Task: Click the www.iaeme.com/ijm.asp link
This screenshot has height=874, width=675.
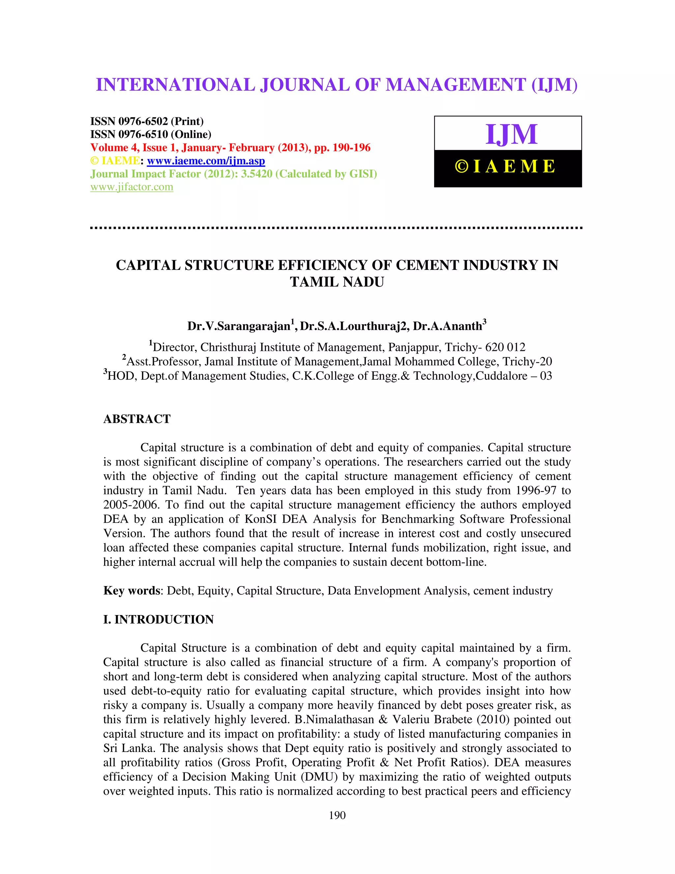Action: (206, 161)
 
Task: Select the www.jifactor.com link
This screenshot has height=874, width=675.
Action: (132, 187)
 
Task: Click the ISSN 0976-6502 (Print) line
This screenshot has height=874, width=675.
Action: (147, 121)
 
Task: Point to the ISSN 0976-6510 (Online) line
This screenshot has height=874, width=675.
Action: (151, 135)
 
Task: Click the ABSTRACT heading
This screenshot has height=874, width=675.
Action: (137, 419)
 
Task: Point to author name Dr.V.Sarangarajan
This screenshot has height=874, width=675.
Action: (239, 326)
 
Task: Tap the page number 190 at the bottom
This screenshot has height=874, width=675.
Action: (337, 815)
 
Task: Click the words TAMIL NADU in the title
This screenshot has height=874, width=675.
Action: (337, 282)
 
